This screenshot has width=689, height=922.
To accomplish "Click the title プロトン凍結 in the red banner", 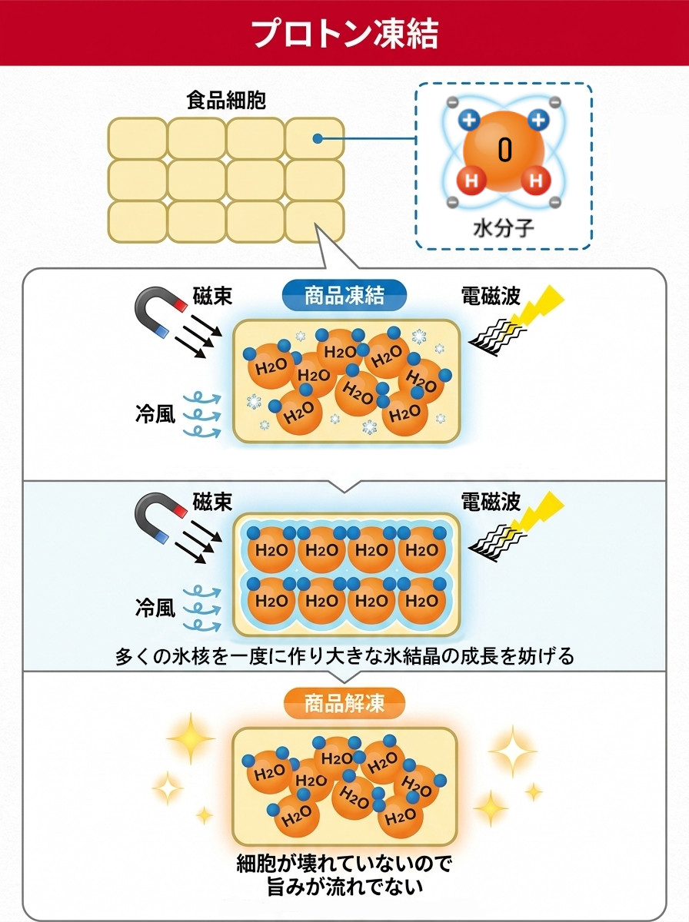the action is point(344,33).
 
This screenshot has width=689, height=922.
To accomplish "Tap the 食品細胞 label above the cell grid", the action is point(226,101).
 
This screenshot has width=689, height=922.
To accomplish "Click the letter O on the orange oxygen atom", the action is point(505,150).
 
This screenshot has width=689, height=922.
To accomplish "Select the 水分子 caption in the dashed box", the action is point(503,228).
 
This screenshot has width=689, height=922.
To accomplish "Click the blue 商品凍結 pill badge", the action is point(344,295).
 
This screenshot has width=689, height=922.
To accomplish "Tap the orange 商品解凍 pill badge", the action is point(344,704).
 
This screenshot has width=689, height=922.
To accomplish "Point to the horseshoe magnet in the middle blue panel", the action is point(160,516).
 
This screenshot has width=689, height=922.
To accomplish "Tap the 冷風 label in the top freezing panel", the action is point(155,413).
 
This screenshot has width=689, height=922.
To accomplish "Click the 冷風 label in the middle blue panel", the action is point(155,608).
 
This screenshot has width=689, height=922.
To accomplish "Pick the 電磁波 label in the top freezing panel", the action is point(491,296).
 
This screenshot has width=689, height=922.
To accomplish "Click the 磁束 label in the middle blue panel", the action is point(212,502).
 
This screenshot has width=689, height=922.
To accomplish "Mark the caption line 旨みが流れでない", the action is point(344,886).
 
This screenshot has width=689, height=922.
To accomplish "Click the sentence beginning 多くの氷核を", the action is point(344,655).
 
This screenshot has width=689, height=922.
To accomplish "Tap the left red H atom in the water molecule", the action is point(471,181).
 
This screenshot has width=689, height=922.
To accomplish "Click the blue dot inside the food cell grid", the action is point(318,138).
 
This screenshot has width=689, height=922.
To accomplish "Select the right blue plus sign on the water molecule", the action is point(538,121).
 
